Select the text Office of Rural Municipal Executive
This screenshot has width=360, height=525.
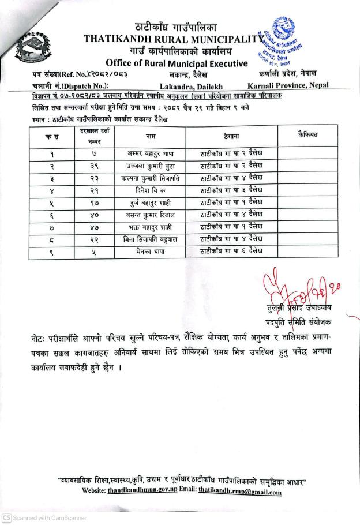(x=177, y=63)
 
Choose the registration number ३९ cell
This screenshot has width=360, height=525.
(x=91, y=166)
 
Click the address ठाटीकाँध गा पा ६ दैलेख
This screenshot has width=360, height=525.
(x=231, y=250)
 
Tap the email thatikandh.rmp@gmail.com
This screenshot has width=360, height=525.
(x=239, y=492)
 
